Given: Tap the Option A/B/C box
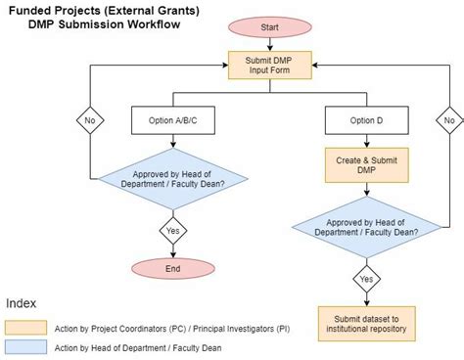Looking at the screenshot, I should pyautogui.click(x=172, y=120).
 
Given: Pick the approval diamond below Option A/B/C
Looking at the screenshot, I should pyautogui.click(x=172, y=179).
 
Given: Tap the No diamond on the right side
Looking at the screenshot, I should pyautogui.click(x=447, y=120).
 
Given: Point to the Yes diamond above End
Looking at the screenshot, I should pyautogui.click(x=172, y=233).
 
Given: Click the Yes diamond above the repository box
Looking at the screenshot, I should pyautogui.click(x=367, y=278).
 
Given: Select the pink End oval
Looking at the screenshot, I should pyautogui.click(x=172, y=269).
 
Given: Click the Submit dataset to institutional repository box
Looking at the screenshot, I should pyautogui.click(x=367, y=323).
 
